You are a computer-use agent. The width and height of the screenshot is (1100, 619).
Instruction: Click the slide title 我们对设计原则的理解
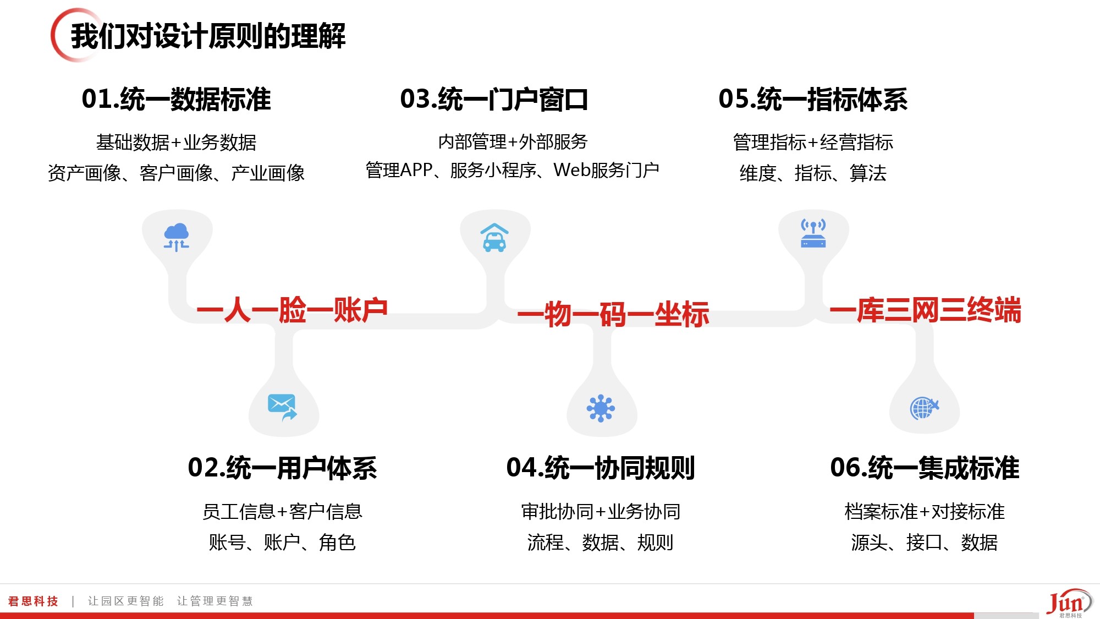[x=208, y=36]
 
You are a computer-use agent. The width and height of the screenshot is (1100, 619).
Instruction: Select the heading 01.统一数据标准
[x=176, y=100]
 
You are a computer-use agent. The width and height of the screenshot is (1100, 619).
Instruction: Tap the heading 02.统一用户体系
[x=282, y=468]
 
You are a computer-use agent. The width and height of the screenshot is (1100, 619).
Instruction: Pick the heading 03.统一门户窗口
[x=494, y=100]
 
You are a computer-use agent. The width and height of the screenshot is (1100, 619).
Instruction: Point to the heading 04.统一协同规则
[x=601, y=468]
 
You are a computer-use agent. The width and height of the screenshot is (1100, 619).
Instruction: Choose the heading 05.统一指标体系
[x=813, y=100]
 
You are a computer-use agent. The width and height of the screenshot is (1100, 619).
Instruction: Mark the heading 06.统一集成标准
[x=925, y=468]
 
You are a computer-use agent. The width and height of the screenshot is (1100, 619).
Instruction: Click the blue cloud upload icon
[x=177, y=237]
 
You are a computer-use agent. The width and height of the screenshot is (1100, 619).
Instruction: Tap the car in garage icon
[x=494, y=237]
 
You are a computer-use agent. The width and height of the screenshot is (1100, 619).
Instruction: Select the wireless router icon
[x=813, y=233]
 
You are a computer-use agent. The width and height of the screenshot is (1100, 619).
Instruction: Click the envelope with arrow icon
[x=282, y=407]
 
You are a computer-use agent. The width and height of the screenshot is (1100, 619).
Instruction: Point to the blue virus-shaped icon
[x=601, y=408]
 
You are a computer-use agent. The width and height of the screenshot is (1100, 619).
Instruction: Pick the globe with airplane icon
[x=925, y=408]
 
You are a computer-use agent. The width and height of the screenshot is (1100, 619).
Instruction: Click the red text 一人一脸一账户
[x=292, y=310]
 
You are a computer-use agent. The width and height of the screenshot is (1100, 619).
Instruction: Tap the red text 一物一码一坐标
[x=613, y=314]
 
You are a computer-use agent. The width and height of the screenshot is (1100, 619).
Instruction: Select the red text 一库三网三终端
[x=925, y=310]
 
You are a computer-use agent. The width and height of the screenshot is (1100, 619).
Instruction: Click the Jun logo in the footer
[x=1069, y=603]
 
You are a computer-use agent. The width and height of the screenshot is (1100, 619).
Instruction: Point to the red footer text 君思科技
[x=33, y=601]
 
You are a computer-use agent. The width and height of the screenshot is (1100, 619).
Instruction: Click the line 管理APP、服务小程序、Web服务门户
[x=513, y=171]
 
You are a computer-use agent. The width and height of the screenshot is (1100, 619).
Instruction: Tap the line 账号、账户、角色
[x=282, y=543]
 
